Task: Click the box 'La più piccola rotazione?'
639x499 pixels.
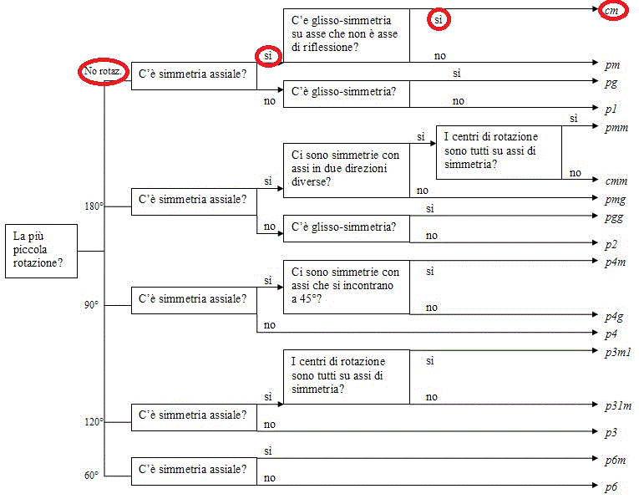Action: point(41,251)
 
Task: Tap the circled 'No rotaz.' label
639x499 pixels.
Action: point(103,71)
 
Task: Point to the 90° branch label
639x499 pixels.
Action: point(91,305)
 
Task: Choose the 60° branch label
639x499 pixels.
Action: point(91,475)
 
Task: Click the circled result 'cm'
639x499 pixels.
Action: point(612,11)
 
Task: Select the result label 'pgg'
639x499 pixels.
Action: point(614,217)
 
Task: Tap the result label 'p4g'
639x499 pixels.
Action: point(614,316)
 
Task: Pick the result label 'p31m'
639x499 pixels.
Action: point(618,405)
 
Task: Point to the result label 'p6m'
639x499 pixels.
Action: point(616,460)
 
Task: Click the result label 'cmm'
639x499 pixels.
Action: point(616,181)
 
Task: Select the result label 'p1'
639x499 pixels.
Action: point(611,109)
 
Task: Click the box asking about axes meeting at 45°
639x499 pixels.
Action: point(347,287)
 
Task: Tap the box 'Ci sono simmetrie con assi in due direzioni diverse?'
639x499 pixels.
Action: point(347,171)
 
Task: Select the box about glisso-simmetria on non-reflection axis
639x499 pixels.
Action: point(347,35)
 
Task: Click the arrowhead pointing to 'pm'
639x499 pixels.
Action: point(595,63)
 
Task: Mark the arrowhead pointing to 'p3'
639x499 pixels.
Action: point(595,431)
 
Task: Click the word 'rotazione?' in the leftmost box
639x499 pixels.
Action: point(38,263)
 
